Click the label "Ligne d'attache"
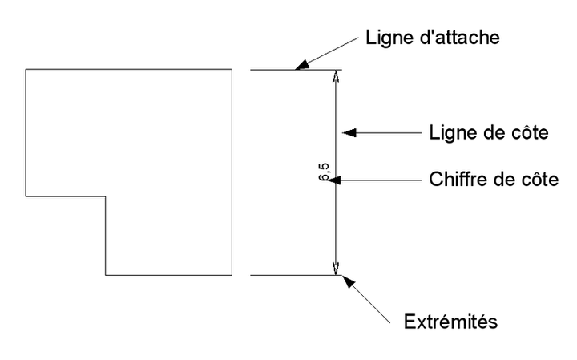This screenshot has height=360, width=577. (433, 38)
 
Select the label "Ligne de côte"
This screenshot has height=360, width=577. (489, 133)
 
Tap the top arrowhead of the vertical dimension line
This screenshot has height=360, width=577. (336, 77)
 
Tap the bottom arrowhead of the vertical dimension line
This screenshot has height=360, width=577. (336, 269)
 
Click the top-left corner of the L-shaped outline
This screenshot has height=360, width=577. (26, 70)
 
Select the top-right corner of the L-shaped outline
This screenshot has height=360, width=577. (232, 70)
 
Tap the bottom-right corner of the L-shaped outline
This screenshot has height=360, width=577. (232, 276)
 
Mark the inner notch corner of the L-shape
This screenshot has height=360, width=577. (106, 196)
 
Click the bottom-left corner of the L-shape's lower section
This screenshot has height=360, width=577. (106, 276)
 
